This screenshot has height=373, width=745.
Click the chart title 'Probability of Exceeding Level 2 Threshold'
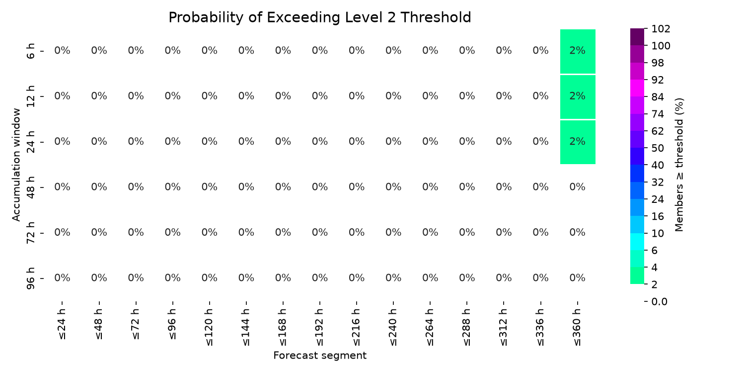click(x=320, y=17)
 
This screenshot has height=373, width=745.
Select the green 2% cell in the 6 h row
click(x=578, y=51)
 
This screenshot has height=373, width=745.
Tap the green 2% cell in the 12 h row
click(x=578, y=97)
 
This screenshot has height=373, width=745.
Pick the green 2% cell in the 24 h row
click(x=578, y=142)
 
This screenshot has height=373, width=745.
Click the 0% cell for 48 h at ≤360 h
click(x=577, y=187)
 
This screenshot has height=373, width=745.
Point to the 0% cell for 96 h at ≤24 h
click(x=62, y=278)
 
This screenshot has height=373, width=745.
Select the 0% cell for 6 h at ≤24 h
click(x=62, y=50)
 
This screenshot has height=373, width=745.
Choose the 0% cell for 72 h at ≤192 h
click(x=320, y=232)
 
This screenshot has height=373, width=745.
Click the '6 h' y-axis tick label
click(x=30, y=51)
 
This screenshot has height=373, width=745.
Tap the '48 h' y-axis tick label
click(x=30, y=187)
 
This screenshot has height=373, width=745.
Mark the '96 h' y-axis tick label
click(x=30, y=279)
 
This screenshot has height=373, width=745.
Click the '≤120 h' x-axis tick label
click(x=209, y=327)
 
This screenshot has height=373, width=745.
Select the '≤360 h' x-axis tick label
click(x=577, y=327)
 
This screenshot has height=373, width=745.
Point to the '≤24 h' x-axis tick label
click(x=62, y=324)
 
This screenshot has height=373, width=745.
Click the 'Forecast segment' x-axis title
click(x=320, y=356)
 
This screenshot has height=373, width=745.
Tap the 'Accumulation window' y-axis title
click(x=16, y=165)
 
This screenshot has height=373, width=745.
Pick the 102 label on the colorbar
click(x=661, y=29)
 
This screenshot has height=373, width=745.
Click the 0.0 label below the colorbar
click(x=659, y=301)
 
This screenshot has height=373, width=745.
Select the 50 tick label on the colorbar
click(x=658, y=148)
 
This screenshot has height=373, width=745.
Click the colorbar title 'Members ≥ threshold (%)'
click(x=679, y=165)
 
